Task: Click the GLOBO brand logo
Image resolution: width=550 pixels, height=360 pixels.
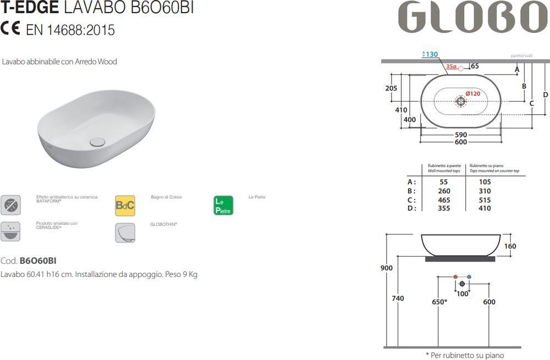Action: [473, 17]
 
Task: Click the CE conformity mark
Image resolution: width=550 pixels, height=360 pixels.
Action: [10, 28]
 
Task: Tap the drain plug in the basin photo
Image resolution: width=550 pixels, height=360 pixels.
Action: [97, 142]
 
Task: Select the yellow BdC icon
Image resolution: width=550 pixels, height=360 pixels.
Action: [125, 206]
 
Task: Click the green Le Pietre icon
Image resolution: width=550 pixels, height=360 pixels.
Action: [223, 206]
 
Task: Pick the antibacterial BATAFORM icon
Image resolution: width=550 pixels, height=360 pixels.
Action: [10, 205]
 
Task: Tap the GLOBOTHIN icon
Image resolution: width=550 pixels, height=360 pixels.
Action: [125, 232]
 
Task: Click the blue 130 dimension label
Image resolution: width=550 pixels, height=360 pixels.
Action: [430, 54]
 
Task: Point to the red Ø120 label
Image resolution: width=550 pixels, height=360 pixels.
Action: [473, 93]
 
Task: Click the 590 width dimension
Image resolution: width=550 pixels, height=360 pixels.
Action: [461, 135]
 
